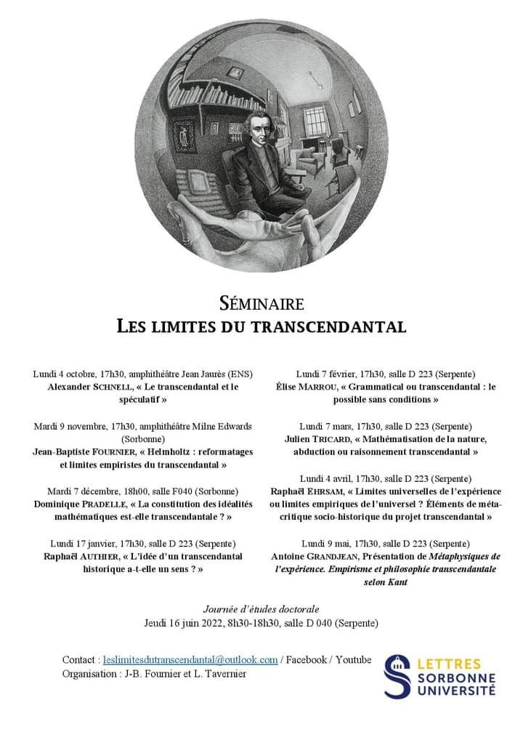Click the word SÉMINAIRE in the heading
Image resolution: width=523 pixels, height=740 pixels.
click(x=261, y=302)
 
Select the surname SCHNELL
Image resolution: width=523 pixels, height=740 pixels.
click(x=115, y=387)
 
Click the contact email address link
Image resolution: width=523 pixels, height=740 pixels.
click(x=191, y=659)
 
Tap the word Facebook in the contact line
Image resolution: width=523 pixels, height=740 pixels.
click(x=306, y=659)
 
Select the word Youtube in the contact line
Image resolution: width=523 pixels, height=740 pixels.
click(x=353, y=659)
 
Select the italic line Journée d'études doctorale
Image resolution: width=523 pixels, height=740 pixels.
click(x=261, y=608)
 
